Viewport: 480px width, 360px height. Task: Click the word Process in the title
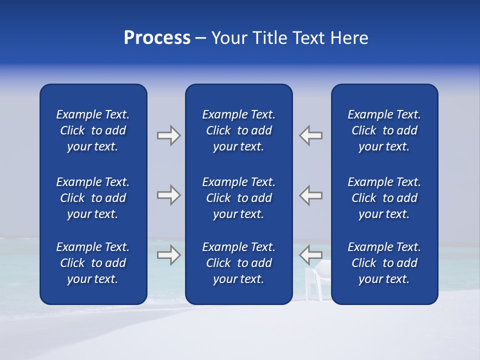pyautogui.click(x=157, y=38)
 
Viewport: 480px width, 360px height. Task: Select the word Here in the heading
pyautogui.click(x=349, y=38)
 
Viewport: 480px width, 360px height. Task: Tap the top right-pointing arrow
pyautogui.click(x=168, y=135)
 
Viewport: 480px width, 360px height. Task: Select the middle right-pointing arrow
pyautogui.click(x=168, y=195)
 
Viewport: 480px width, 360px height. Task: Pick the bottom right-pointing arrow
pyautogui.click(x=168, y=255)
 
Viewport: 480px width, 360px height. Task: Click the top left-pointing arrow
pyautogui.click(x=311, y=135)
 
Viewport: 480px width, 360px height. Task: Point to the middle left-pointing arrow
pyautogui.click(x=311, y=195)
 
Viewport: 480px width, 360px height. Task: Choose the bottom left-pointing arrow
pyautogui.click(x=311, y=255)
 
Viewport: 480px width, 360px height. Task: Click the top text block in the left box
pyautogui.click(x=93, y=130)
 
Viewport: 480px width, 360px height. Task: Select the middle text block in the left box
pyautogui.click(x=93, y=198)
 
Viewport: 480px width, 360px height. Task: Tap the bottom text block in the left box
pyautogui.click(x=93, y=263)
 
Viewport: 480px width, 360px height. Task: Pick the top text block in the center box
pyautogui.click(x=239, y=130)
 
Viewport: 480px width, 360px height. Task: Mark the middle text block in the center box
pyautogui.click(x=239, y=198)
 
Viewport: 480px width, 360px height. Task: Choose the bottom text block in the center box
pyautogui.click(x=239, y=263)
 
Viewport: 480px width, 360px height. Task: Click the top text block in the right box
pyautogui.click(x=384, y=130)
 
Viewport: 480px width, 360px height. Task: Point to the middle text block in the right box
pyautogui.click(x=384, y=198)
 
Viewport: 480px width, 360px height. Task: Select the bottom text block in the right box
pyautogui.click(x=384, y=263)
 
